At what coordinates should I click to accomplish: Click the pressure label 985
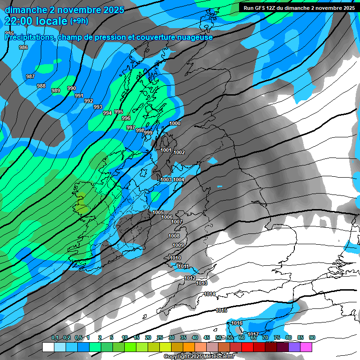(x=9, y=33)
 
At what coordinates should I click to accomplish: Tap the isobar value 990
(x=72, y=88)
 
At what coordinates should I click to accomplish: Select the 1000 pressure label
(x=175, y=123)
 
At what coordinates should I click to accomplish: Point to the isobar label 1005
(x=158, y=212)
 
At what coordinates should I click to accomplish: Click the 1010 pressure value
(x=175, y=258)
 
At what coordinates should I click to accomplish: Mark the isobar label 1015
(x=221, y=311)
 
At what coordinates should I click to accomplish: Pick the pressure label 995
(x=119, y=112)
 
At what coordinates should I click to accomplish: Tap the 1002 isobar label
(x=179, y=152)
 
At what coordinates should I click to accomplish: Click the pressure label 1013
(x=202, y=284)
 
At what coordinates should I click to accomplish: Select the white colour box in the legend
(x=48, y=347)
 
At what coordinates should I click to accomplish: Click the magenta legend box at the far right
(x=306, y=347)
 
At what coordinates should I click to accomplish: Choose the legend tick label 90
(x=312, y=337)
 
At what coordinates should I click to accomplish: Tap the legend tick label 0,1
(x=55, y=337)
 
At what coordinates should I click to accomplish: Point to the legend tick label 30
(x=172, y=337)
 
